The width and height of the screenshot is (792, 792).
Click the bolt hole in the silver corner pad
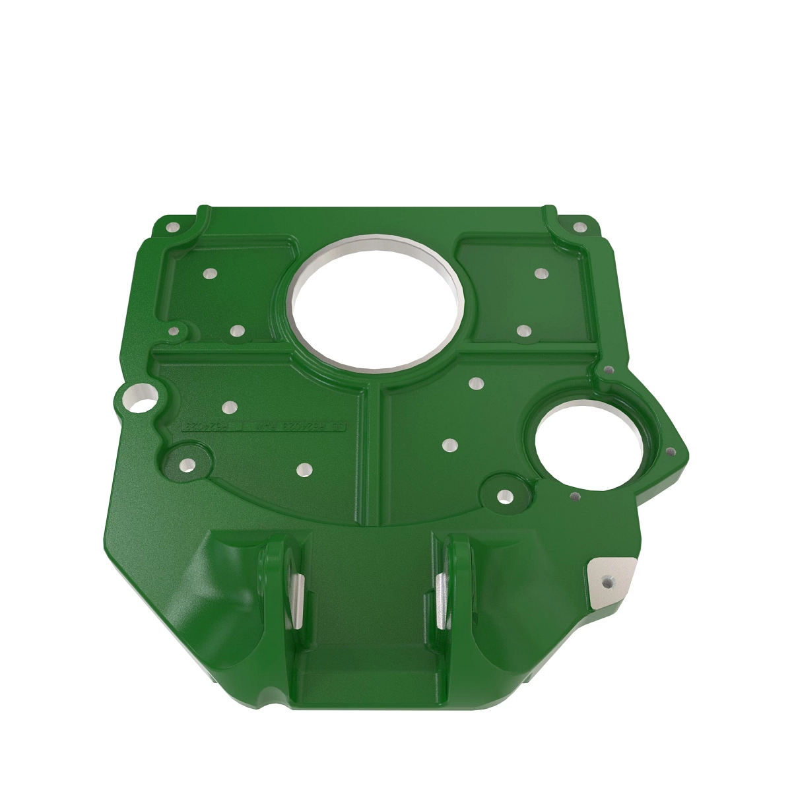(x=608, y=581)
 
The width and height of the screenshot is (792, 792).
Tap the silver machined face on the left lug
(x=295, y=601)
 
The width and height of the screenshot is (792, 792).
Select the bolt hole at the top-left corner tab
(x=173, y=227)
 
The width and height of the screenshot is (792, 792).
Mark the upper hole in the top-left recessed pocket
(x=210, y=273)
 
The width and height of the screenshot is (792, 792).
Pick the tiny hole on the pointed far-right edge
(x=671, y=452)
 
